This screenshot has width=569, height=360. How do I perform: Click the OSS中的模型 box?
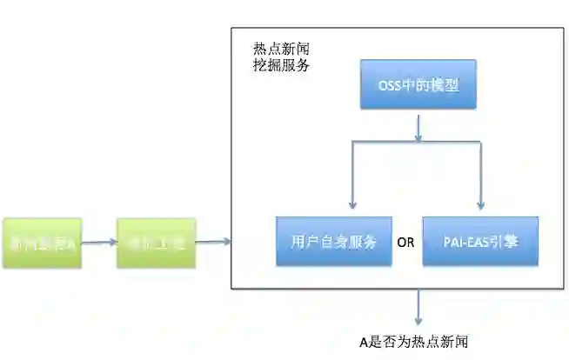pyautogui.click(x=418, y=84)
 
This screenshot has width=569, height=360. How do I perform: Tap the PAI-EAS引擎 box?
pyautogui.click(x=479, y=241)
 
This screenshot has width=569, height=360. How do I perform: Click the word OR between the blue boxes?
pyautogui.click(x=405, y=243)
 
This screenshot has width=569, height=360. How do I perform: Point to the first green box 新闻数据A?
pyautogui.click(x=42, y=243)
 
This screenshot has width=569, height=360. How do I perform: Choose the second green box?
pyautogui.click(x=157, y=243)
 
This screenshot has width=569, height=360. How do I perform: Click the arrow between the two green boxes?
pyautogui.click(x=99, y=243)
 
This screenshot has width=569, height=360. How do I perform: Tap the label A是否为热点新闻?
pyautogui.click(x=418, y=341)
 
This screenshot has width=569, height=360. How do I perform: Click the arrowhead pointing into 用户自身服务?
pyautogui.click(x=351, y=206)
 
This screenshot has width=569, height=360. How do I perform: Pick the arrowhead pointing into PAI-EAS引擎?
pyautogui.click(x=481, y=206)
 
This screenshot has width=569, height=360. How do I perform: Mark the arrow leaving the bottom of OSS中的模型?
pyautogui.click(x=418, y=126)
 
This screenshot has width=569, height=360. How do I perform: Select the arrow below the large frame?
pyautogui.click(x=418, y=306)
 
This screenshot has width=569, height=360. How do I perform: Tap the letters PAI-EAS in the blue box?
pyautogui.click(x=460, y=242)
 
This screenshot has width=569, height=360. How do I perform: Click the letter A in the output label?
pyautogui.click(x=365, y=341)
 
